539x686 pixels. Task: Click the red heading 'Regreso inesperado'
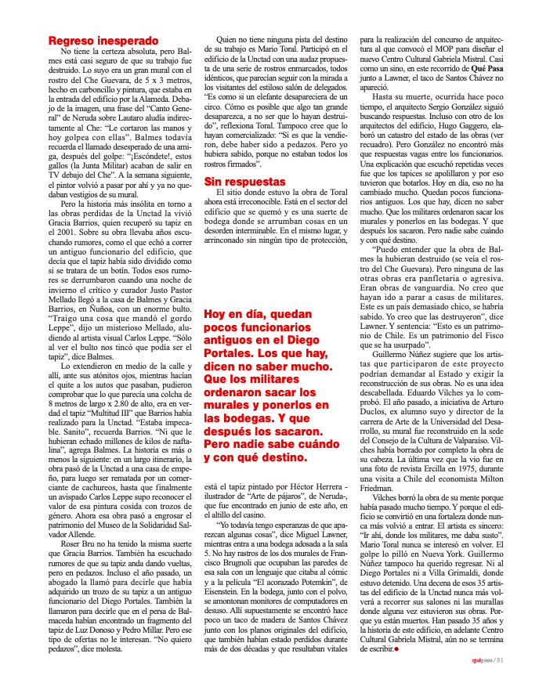103,41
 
